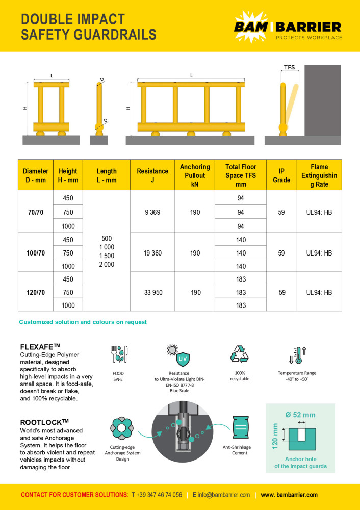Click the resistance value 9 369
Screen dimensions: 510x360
152,212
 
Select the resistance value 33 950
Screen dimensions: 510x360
152,292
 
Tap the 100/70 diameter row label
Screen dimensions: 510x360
35,253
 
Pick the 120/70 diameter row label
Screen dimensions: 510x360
35,292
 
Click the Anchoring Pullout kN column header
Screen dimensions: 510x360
195,175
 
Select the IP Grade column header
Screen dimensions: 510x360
281,175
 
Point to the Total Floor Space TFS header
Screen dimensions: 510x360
241,175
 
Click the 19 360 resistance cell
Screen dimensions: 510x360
152,253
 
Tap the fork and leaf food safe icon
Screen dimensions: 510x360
118,354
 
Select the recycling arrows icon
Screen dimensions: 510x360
239,354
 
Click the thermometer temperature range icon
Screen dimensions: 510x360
298,354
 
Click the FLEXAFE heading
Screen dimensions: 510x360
40,346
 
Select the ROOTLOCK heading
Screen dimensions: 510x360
44,422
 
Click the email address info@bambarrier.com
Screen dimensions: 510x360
221,495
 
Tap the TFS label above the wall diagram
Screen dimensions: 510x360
289,67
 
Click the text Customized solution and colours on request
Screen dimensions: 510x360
83,322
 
